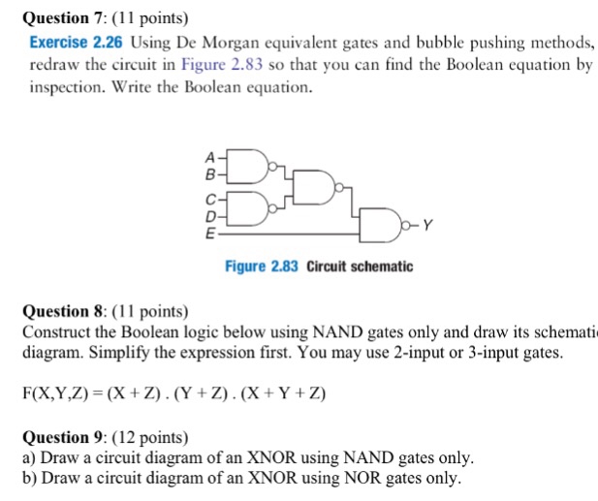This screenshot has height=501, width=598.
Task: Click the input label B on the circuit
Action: [207, 175]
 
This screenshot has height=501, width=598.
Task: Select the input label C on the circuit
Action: [207, 196]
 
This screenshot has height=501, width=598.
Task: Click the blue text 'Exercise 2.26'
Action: [77, 43]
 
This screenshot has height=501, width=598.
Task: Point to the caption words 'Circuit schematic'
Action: [360, 266]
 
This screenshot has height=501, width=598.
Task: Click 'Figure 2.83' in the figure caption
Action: [261, 266]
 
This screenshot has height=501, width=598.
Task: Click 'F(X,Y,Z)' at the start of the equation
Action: [53, 393]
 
